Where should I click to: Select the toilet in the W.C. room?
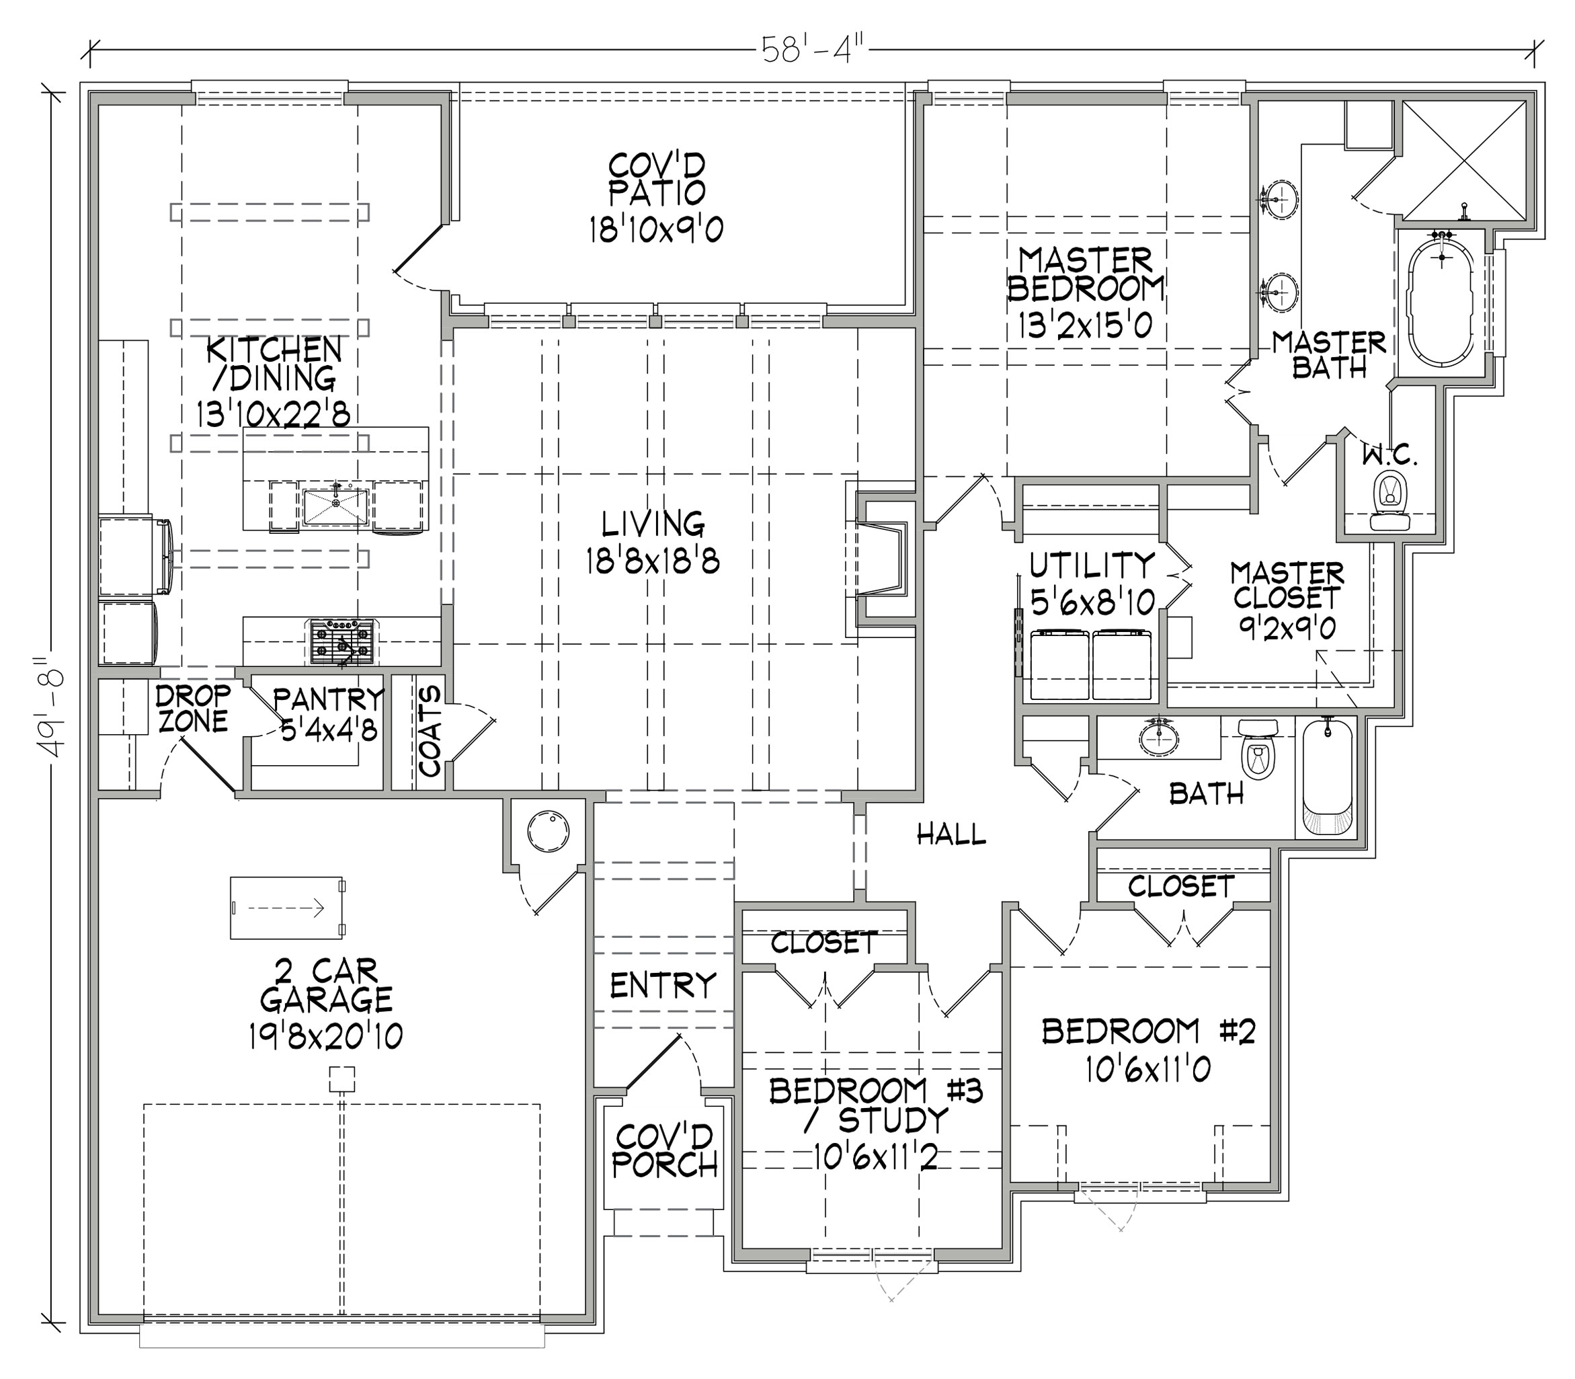pyautogui.click(x=1389, y=501)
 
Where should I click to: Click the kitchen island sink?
pyautogui.click(x=335, y=507)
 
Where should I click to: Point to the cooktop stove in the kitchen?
pyautogui.click(x=342, y=641)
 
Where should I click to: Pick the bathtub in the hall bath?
pyautogui.click(x=1327, y=777)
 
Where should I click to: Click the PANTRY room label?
pyautogui.click(x=329, y=699)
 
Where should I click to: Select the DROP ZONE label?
pyautogui.click(x=193, y=709)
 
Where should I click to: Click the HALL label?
pyautogui.click(x=951, y=834)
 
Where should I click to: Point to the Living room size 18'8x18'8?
pyautogui.click(x=653, y=563)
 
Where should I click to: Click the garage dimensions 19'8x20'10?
pyautogui.click(x=325, y=1037)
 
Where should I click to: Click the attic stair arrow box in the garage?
pyautogui.click(x=287, y=908)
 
